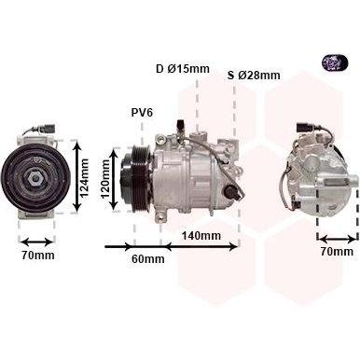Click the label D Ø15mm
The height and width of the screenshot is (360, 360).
183,69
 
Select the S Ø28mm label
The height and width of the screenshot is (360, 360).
254,76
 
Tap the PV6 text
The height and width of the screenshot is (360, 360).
142,113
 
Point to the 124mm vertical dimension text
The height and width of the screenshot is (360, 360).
84,177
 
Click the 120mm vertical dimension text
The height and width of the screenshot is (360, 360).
105,179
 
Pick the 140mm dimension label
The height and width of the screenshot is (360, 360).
201,236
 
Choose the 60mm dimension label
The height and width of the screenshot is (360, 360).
148,258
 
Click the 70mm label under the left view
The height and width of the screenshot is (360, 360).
38,256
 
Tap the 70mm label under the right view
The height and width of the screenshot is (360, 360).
337,251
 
